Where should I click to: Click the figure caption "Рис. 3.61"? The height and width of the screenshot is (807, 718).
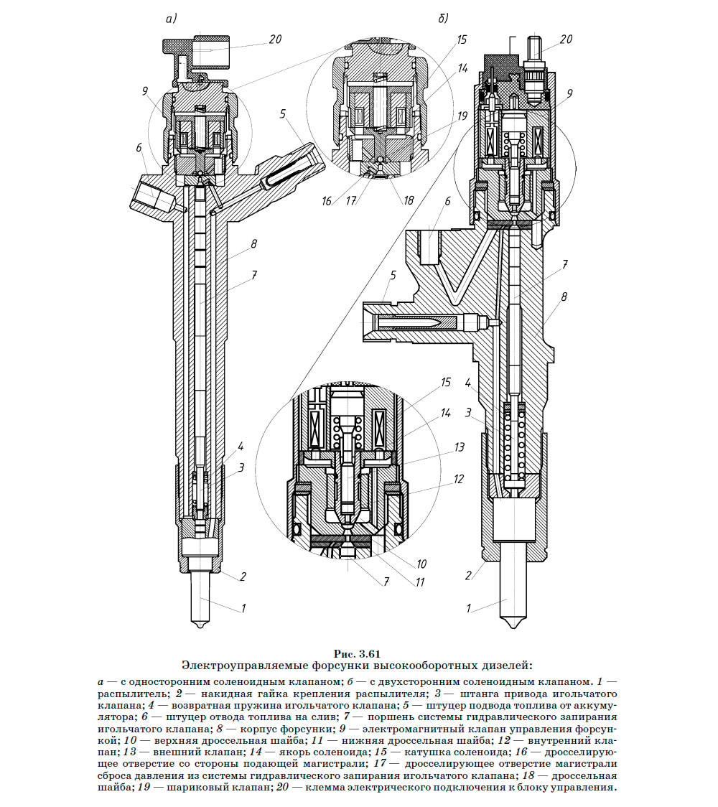(357, 653)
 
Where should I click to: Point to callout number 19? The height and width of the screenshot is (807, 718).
(462, 115)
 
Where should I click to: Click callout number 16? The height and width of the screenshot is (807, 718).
(327, 202)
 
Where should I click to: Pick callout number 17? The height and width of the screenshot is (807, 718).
(352, 202)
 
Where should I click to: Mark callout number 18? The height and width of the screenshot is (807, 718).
(409, 202)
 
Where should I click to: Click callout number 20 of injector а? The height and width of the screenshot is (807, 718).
(275, 40)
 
